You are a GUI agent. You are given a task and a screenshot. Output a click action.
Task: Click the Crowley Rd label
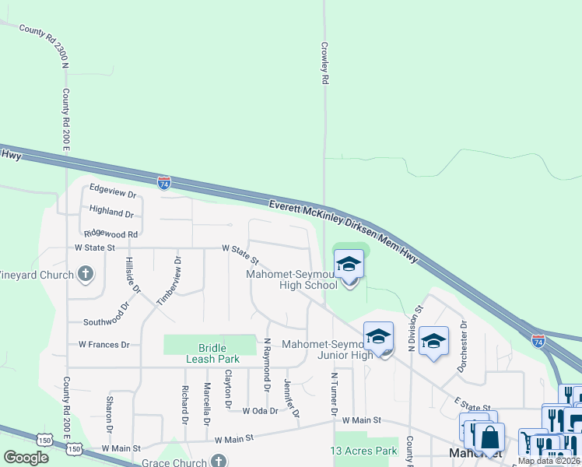[x=325, y=63]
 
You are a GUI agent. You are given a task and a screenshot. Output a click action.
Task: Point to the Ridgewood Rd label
[x=110, y=233]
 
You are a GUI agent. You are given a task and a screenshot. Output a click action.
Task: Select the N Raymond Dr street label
[x=266, y=364]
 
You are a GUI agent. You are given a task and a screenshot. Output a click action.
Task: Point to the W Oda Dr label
[x=260, y=410]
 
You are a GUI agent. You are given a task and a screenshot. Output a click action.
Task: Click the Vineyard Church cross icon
[x=86, y=274]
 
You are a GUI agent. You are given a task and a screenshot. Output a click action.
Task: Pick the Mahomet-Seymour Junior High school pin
[x=379, y=337]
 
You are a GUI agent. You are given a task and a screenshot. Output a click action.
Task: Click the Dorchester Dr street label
[x=462, y=346]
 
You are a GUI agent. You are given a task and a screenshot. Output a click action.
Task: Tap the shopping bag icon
[x=489, y=437]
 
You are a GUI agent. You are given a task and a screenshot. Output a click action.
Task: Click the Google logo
[x=26, y=458]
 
